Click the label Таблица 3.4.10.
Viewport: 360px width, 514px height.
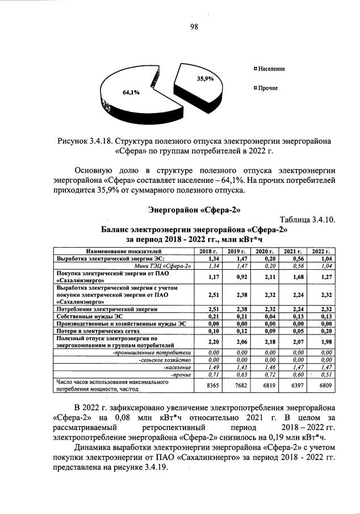tap(309, 220)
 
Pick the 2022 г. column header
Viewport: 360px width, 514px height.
tap(321, 250)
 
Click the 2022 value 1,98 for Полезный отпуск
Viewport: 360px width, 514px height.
tap(321, 342)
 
